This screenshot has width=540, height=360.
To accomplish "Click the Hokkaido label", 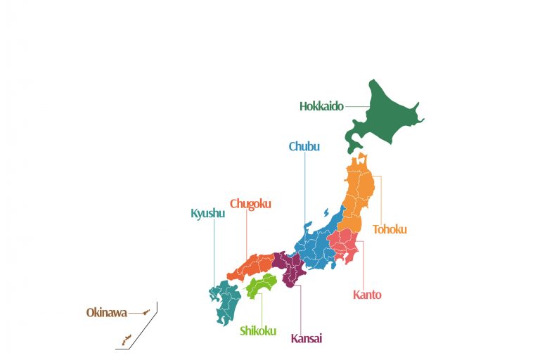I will pos(321,107).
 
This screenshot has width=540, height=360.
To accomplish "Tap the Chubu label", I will pos(304,147).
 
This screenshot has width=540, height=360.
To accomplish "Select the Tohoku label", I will pos(390,229).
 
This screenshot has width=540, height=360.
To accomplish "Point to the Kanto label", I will pos(367,295).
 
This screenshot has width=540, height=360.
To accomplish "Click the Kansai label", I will pos(307,339).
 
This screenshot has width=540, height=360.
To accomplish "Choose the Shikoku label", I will pos(258,331).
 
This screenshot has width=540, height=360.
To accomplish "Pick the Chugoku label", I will pos(250,204).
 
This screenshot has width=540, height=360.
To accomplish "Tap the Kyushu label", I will pos(208,213).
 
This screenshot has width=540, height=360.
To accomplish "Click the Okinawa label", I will pos(107,312).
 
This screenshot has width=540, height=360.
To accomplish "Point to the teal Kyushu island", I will pos(226,299).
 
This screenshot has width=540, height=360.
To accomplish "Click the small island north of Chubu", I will pos(326,212).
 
